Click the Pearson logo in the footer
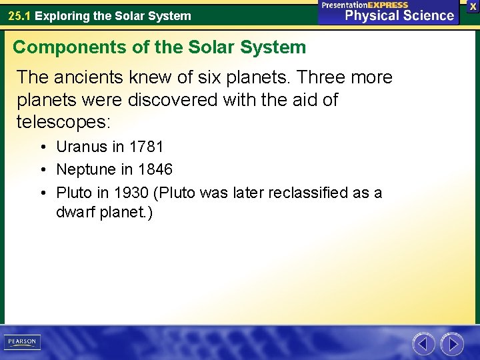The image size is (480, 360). click(23, 342)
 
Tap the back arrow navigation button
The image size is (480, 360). click(424, 344)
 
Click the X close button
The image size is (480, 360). click(472, 6)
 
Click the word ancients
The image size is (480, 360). click(84, 77)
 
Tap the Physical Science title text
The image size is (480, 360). click(399, 16)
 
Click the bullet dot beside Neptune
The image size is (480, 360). click(43, 170)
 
